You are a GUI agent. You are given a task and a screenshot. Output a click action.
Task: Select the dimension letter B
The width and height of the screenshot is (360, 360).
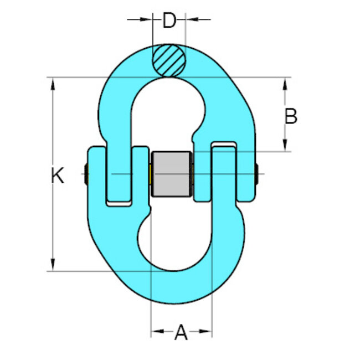pyautogui.click(x=291, y=117)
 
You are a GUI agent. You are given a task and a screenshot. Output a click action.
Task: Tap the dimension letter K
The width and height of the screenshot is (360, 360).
pyautogui.click(x=58, y=176)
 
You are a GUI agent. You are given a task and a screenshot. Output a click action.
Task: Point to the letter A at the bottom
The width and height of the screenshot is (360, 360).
pyautogui.click(x=181, y=333)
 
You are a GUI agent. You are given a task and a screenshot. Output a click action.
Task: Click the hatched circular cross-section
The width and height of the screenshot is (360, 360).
pyautogui.click(x=169, y=60)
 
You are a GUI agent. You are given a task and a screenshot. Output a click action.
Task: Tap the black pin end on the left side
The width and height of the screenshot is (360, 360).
pyautogui.click(x=85, y=175)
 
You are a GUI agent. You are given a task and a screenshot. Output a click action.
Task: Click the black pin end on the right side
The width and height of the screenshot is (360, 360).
pyautogui.click(x=258, y=175)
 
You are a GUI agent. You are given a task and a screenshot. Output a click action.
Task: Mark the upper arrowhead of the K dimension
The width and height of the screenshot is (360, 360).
pyautogui.click(x=53, y=84)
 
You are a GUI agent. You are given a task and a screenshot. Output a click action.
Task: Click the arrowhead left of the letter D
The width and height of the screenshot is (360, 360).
pyautogui.click(x=146, y=19)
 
